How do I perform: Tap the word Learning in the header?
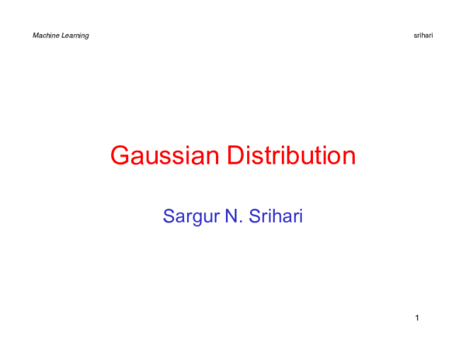[x=75, y=36]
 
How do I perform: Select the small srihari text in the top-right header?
[x=423, y=36]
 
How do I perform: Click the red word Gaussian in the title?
[x=165, y=156]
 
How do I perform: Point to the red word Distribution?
[x=291, y=156]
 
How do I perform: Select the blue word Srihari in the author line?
[x=273, y=216]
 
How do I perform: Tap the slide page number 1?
[x=417, y=318]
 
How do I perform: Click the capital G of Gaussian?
[x=120, y=156]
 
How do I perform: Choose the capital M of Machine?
[x=36, y=36]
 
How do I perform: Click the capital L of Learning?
[x=62, y=36]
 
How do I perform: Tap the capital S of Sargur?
[x=169, y=216]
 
